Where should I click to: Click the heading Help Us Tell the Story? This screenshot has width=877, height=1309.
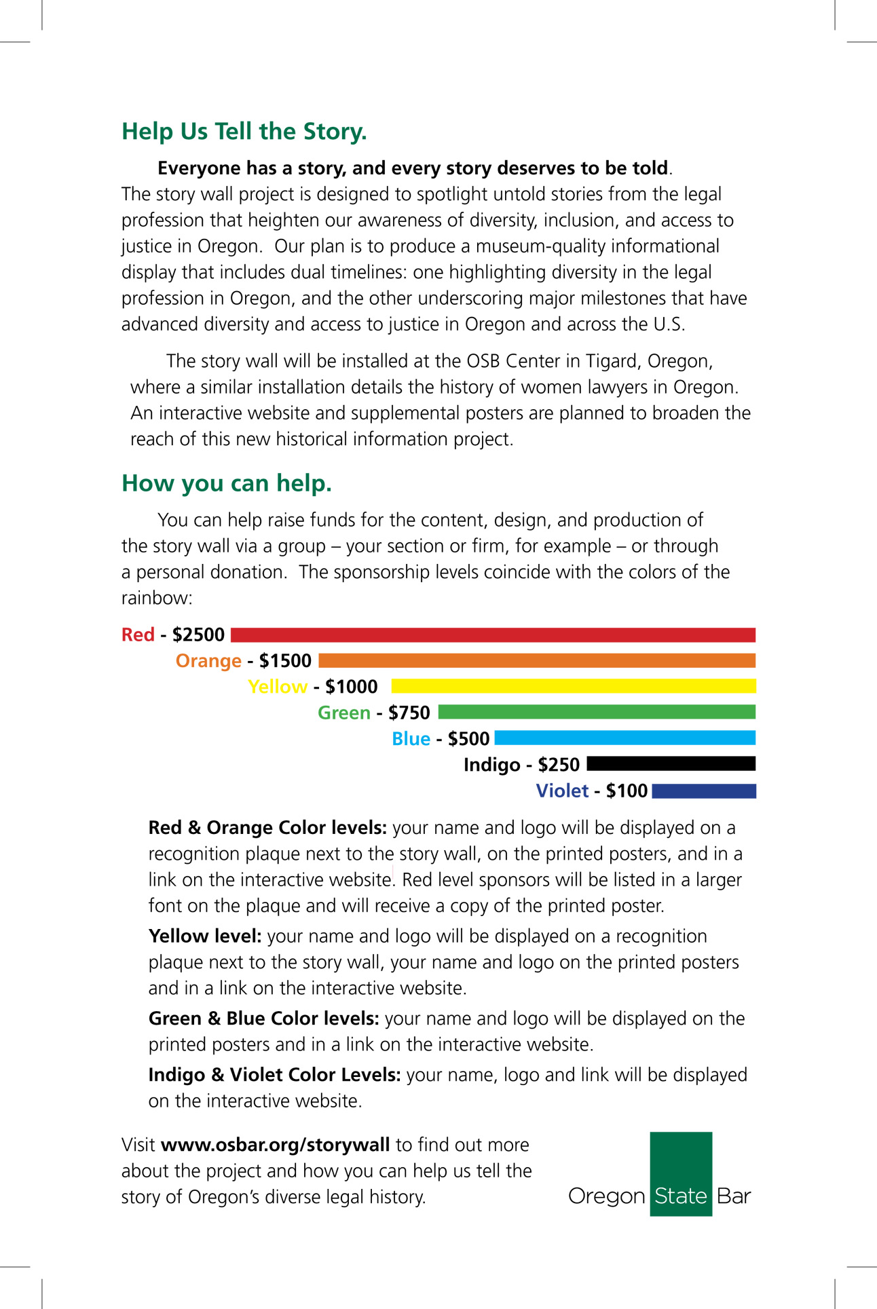(x=244, y=132)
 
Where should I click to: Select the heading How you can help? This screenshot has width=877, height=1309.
(x=226, y=483)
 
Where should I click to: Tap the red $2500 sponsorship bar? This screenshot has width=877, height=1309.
(x=493, y=635)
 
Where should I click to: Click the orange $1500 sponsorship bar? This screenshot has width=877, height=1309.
(x=536, y=661)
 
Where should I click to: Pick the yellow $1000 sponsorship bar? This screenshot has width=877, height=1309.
(x=574, y=686)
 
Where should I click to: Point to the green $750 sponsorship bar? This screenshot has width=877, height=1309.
(x=597, y=712)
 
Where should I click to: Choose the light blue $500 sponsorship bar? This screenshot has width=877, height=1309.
(x=624, y=738)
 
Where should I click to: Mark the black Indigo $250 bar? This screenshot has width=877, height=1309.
(x=671, y=764)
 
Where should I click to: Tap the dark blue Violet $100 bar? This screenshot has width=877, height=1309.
(x=703, y=791)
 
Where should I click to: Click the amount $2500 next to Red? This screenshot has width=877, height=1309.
(x=198, y=635)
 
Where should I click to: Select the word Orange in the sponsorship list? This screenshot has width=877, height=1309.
(x=208, y=661)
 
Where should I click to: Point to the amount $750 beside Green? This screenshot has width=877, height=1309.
(x=409, y=713)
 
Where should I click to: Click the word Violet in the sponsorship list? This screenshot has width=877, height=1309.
(x=562, y=791)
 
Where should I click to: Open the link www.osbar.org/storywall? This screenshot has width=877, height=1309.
(x=275, y=1145)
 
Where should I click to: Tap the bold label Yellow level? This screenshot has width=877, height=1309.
(x=205, y=936)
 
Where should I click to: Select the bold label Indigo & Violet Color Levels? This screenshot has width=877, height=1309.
(x=274, y=1075)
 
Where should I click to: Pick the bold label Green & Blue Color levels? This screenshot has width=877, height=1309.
(x=263, y=1019)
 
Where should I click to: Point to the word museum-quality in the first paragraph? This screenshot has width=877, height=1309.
(x=539, y=246)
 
